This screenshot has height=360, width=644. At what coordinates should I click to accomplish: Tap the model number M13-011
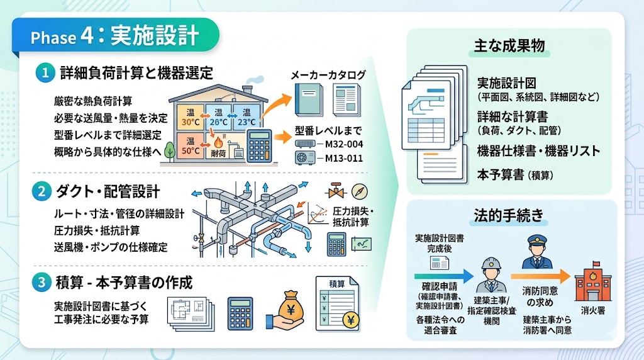click(344, 158)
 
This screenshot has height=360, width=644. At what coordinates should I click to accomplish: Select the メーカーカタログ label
click(328, 75)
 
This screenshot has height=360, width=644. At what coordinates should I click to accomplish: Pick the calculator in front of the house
click(259, 146)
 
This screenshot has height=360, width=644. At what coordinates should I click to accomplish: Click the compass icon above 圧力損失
click(359, 191)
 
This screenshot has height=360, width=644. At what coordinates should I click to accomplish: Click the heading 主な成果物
click(509, 46)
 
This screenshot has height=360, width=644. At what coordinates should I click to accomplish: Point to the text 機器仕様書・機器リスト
click(539, 151)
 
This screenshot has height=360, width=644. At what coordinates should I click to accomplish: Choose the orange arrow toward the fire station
click(540, 276)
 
